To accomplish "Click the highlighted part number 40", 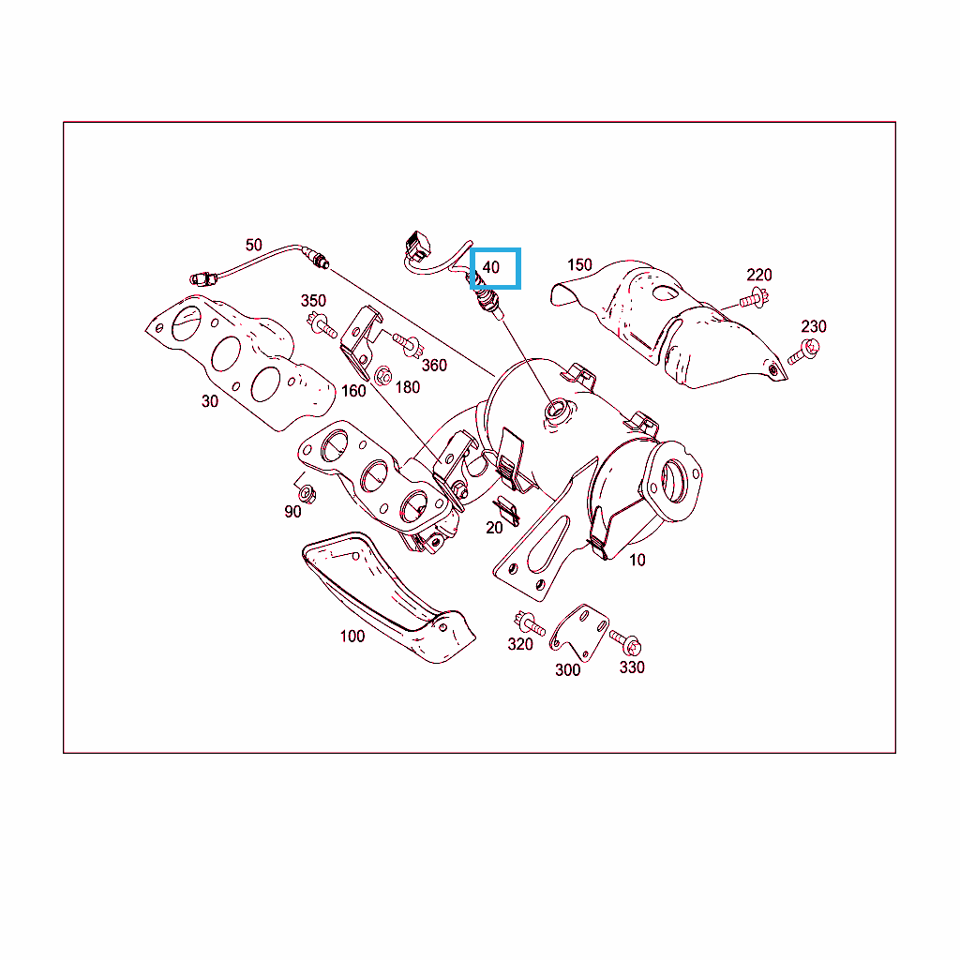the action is (491, 267).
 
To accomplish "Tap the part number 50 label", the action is (253, 245).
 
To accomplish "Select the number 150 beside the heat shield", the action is (579, 264).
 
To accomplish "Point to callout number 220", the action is (758, 275).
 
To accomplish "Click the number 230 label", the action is (814, 326).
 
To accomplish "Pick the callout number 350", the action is (313, 301).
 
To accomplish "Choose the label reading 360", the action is (434, 366).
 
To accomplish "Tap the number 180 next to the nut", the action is (408, 387).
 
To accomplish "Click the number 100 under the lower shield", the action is (352, 637).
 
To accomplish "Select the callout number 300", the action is (567, 669).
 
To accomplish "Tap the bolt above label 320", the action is (530, 623).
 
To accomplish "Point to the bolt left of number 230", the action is (803, 352).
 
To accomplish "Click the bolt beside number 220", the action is (755, 299).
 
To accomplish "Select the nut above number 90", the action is (307, 493).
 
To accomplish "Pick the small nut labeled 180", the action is (382, 375).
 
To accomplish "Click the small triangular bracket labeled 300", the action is (578, 633).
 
